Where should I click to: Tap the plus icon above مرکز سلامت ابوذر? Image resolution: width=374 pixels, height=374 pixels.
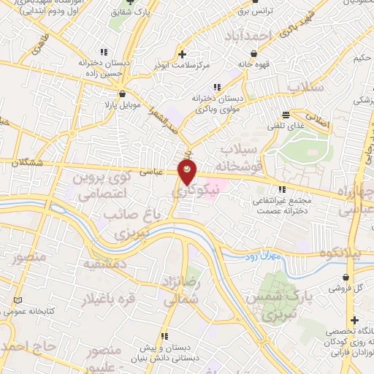(182, 54)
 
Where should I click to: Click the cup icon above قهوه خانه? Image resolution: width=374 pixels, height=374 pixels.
(253, 53)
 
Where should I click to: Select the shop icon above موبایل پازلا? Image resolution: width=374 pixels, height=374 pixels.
(121, 93)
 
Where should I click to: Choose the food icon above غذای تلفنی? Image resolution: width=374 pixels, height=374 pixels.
(286, 115)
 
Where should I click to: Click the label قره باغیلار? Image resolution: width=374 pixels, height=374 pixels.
(131, 299)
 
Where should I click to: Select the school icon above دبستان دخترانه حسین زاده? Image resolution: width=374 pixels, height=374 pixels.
(103, 53)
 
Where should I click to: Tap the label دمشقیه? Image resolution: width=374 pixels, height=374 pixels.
(105, 263)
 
